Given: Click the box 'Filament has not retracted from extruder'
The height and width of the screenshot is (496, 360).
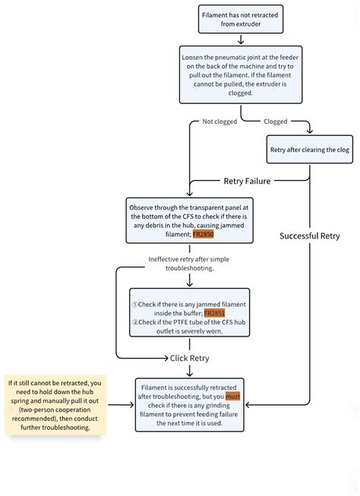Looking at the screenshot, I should pos(240,19).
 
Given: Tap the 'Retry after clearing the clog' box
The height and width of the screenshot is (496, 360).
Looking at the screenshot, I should pos(310,150).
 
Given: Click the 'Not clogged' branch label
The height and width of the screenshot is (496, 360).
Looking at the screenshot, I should pos(219,122).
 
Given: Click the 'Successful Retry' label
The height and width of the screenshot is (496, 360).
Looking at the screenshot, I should pos(310,236).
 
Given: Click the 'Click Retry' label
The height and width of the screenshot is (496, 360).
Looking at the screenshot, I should pos(189,358).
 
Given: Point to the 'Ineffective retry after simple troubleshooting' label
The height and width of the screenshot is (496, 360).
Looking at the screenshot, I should pos(189,264).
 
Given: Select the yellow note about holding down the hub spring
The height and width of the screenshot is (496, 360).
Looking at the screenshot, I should pos(55,404).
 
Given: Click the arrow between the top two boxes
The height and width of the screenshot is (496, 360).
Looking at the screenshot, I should pos(240,38).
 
